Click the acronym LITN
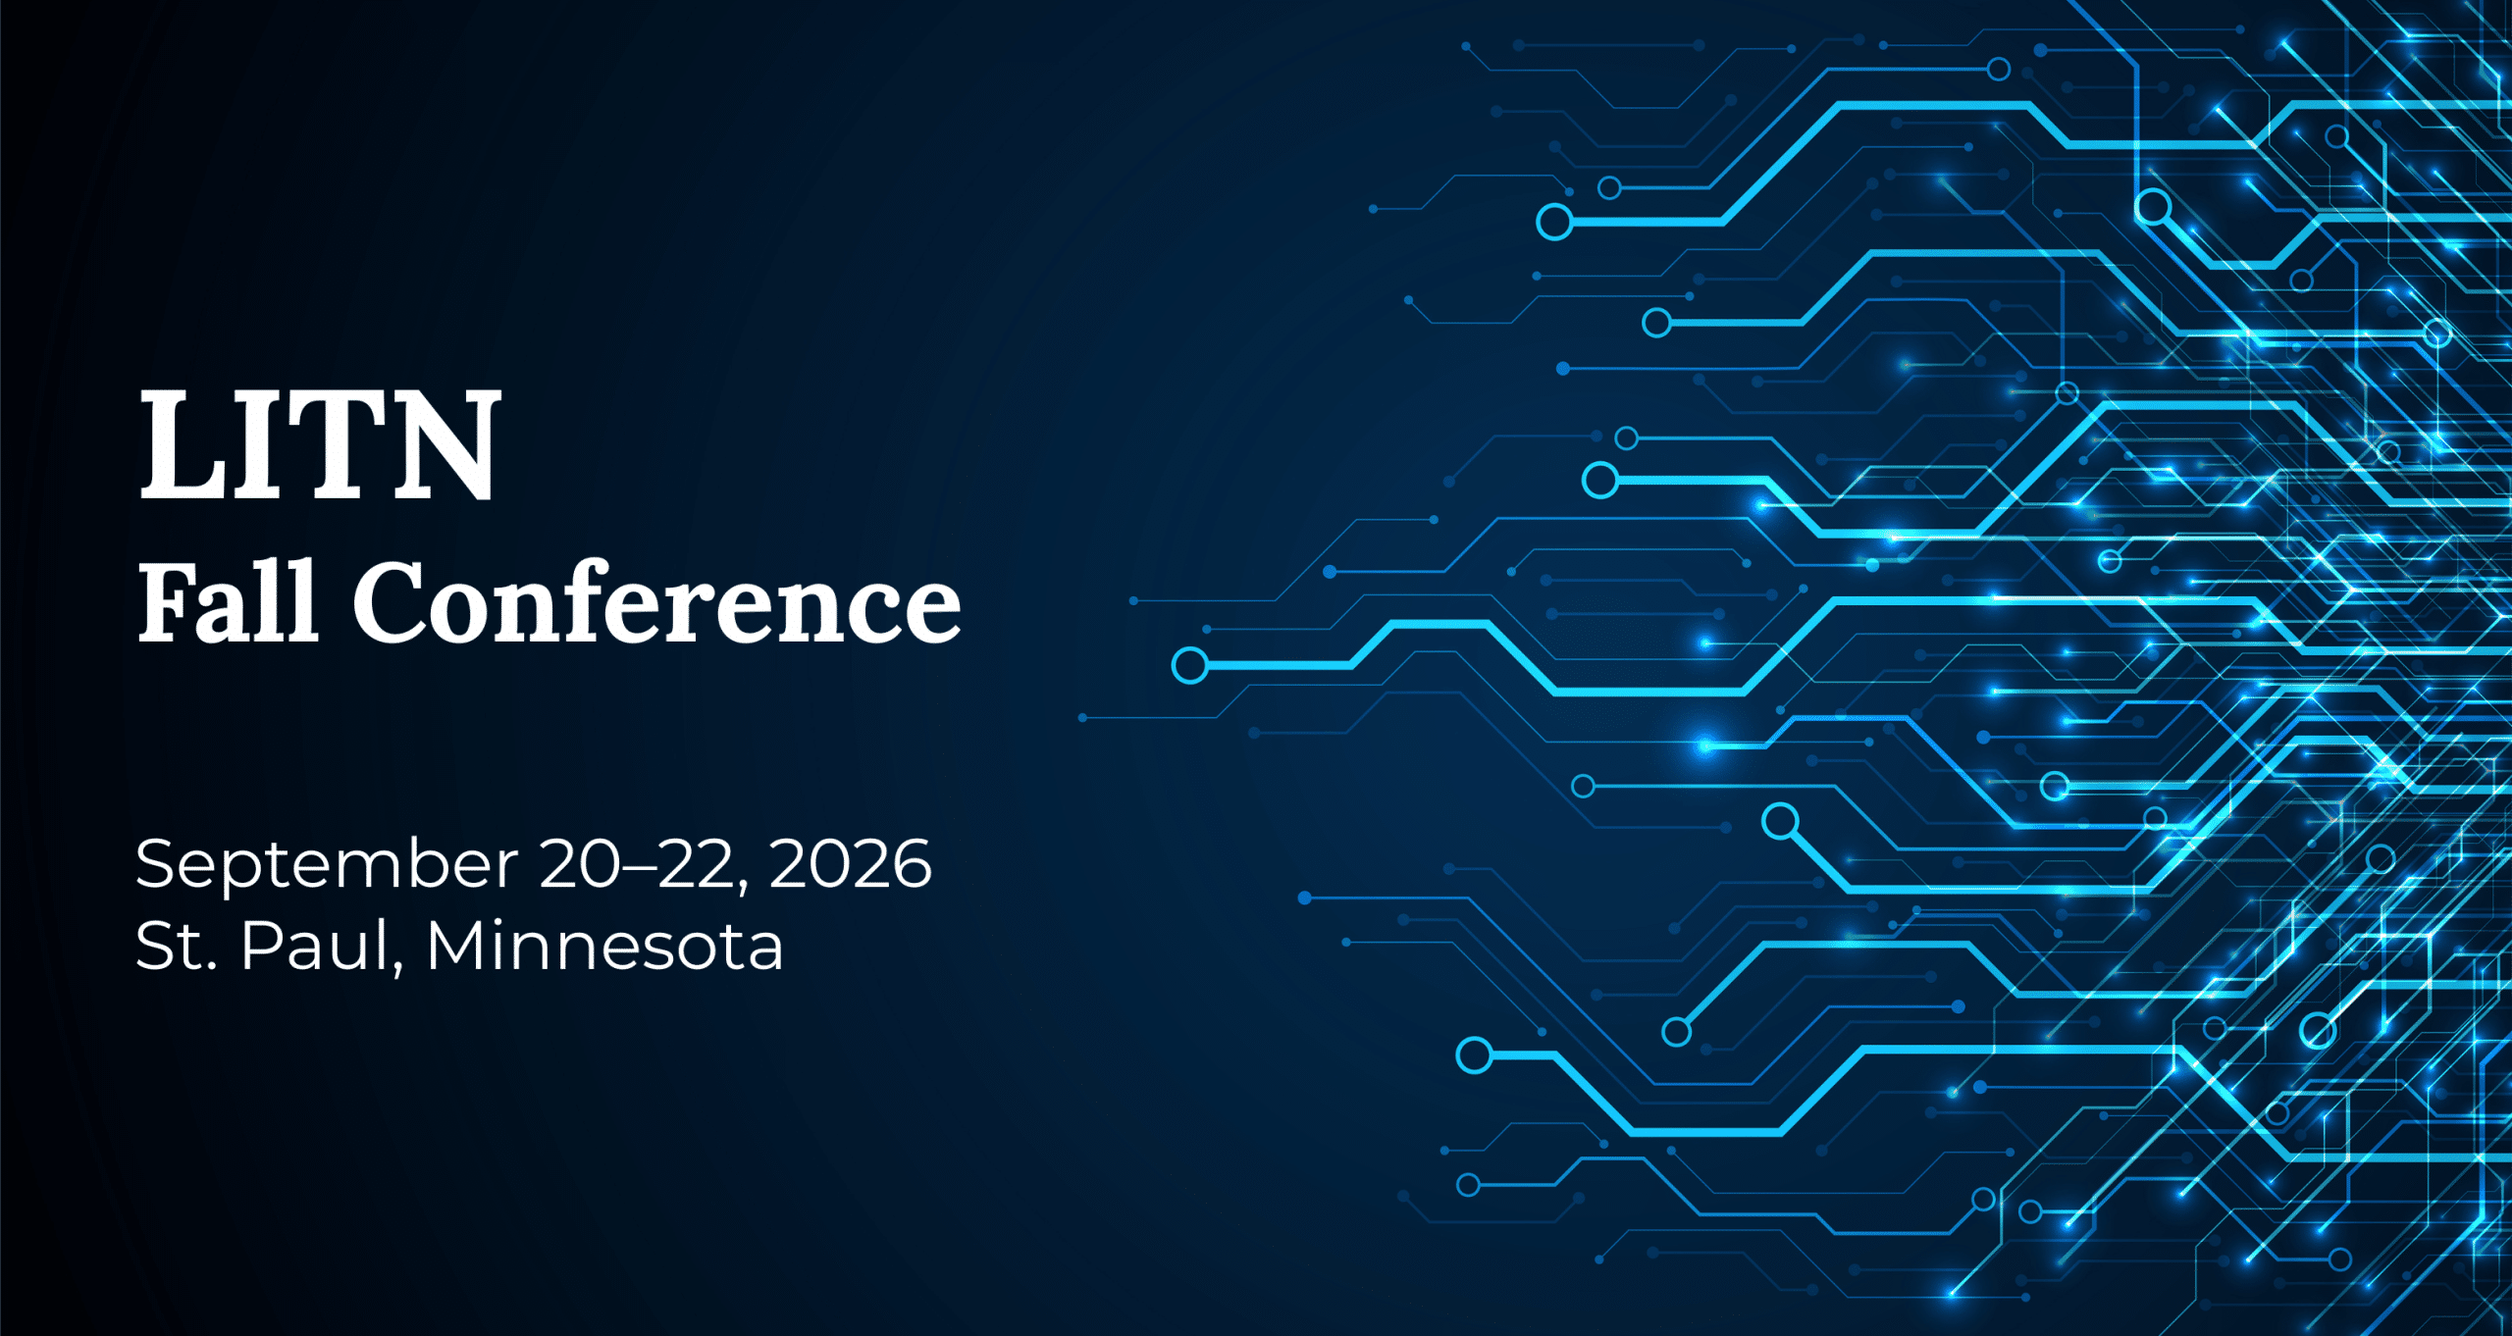(x=320, y=444)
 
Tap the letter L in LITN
(x=183, y=444)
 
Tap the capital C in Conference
(x=391, y=602)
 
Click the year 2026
(x=850, y=864)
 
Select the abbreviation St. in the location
(x=177, y=947)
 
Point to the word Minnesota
(x=604, y=946)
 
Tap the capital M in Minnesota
(x=456, y=947)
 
